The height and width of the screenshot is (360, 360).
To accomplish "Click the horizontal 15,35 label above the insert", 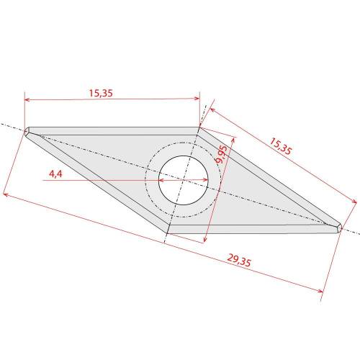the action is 101,93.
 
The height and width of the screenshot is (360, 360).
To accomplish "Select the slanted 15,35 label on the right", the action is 281,146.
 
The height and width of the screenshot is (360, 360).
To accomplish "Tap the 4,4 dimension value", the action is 55,174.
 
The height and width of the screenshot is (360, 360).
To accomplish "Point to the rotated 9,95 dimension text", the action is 221,155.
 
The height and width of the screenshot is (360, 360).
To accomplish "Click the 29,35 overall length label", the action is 239,260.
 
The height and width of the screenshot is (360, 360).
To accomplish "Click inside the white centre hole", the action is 183,180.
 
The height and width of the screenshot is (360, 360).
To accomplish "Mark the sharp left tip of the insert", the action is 25,131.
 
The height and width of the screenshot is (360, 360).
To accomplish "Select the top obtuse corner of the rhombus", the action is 199,127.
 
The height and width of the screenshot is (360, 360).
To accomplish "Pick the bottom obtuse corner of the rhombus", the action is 166,233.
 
